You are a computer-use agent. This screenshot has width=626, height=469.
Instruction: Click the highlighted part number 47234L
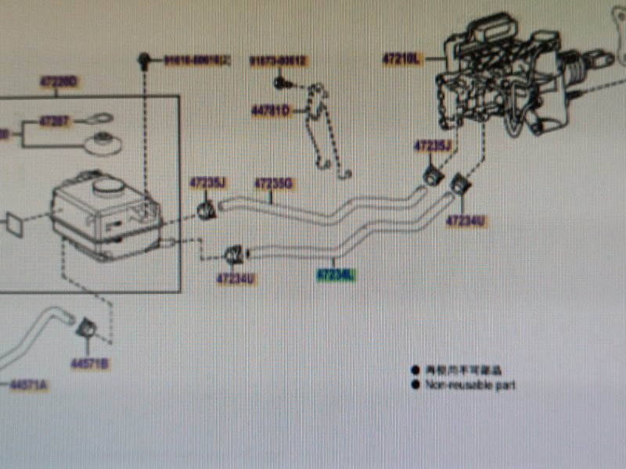click(x=336, y=274)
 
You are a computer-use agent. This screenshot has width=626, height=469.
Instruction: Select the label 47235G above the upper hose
click(x=273, y=184)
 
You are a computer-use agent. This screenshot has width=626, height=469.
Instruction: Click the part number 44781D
click(x=270, y=111)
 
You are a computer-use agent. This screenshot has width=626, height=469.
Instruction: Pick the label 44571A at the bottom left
click(x=29, y=385)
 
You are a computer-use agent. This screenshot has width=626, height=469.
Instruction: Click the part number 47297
click(x=55, y=122)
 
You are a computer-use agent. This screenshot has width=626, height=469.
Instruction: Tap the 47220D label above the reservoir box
click(x=59, y=81)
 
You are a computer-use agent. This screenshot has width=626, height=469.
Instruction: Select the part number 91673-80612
click(x=279, y=60)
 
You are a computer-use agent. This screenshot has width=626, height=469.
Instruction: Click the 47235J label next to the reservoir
click(x=207, y=183)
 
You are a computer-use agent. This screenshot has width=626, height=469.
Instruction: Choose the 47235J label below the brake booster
click(x=434, y=145)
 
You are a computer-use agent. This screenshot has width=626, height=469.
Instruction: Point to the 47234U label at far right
click(x=466, y=221)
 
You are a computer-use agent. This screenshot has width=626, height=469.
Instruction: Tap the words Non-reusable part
click(x=470, y=385)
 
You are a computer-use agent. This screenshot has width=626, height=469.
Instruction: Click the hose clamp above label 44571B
click(x=85, y=327)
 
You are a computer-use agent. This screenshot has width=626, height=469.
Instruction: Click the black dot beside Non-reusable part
click(x=416, y=385)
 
